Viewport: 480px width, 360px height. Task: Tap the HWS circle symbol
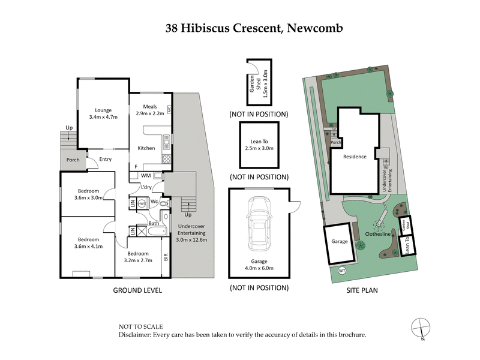point(142,204)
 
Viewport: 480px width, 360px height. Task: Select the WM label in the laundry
point(145,176)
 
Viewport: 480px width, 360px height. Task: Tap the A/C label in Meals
point(169,110)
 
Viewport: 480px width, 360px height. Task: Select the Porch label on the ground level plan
point(73,160)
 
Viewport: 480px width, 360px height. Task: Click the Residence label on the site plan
point(355,157)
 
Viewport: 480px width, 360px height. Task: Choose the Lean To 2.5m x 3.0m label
point(259,144)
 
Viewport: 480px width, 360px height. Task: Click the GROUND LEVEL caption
point(138,290)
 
